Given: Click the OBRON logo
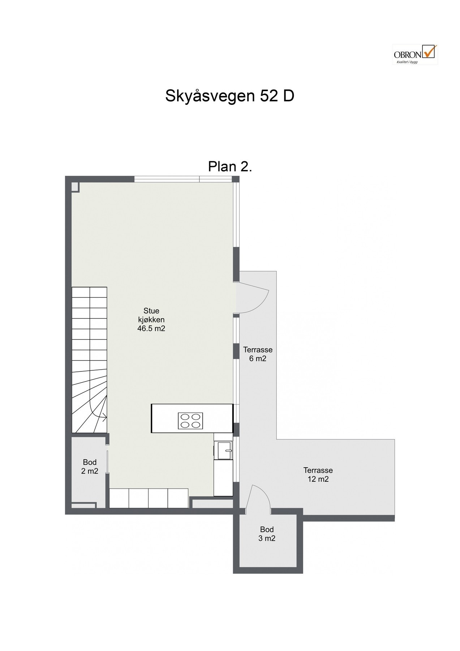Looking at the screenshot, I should [x=414, y=54].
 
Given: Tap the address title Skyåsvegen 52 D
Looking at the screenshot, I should [x=229, y=96].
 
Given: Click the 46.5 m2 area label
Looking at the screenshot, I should [x=151, y=329].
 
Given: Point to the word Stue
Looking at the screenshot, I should [x=151, y=311].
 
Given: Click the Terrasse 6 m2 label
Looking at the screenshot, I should [x=258, y=354].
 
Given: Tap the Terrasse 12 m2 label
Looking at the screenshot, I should [x=318, y=475].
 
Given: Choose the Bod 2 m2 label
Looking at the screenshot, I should [x=90, y=467].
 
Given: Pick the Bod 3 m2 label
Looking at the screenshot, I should [x=267, y=534].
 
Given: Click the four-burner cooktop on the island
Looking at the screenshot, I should [x=190, y=421].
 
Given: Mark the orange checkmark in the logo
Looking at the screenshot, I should [x=430, y=51].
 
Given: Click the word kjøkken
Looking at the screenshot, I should [x=151, y=320].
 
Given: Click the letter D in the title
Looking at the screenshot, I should [x=288, y=96].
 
